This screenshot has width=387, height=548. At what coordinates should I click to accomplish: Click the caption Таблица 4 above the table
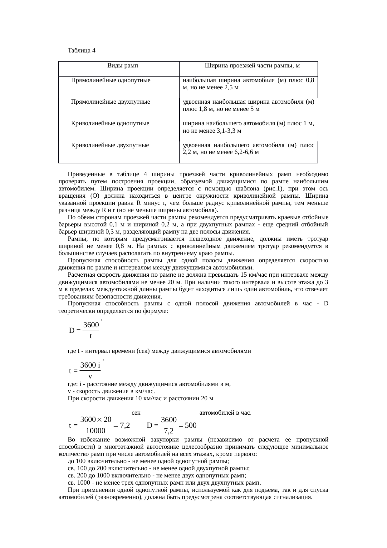coord(81,51)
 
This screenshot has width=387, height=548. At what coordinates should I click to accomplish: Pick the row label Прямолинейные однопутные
coord(111,80)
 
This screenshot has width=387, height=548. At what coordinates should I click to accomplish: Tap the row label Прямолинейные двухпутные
coord(110,102)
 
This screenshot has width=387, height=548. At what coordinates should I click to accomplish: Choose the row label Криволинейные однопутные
coord(110,123)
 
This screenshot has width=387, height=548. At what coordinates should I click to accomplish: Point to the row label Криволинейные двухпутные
coord(110,145)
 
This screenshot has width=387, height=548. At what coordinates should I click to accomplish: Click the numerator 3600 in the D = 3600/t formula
coord(91,325)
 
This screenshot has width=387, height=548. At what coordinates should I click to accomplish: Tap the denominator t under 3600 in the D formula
coord(91,336)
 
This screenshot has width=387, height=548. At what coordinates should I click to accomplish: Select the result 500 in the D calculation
coord(190,425)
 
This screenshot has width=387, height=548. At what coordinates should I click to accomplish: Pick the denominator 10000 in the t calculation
coord(96,431)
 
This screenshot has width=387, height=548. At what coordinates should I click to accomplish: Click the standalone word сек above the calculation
coord(136,413)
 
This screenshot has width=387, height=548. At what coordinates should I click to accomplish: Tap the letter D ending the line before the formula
coord(326,304)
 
